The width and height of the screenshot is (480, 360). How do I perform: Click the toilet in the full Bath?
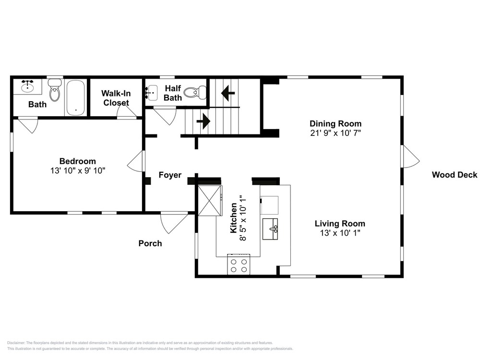tap(55, 90)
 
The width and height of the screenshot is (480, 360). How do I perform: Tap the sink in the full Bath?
tap(27, 86)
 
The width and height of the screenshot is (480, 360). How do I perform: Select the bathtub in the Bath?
tap(75, 97)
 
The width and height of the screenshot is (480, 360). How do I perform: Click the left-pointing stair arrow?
tap(228, 93)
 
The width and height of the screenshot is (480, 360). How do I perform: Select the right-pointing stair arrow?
tap(203, 121)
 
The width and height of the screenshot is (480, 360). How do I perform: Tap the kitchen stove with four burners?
tap(239, 264)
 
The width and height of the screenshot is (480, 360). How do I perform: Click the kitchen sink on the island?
tap(270, 228)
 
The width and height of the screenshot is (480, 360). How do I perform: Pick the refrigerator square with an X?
tap(210, 201)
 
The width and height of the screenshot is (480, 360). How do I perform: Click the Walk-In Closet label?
tap(116, 98)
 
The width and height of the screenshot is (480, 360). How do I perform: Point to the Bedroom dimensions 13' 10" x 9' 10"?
tap(78, 170)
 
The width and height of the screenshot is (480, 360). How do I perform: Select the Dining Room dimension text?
tap(336, 133)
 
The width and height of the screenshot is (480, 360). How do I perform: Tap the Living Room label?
tap(340, 224)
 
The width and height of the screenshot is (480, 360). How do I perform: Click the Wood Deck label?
tap(454, 175)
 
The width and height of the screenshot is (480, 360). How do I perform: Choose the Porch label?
tap(150, 243)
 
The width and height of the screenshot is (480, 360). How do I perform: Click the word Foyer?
tap(170, 175)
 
